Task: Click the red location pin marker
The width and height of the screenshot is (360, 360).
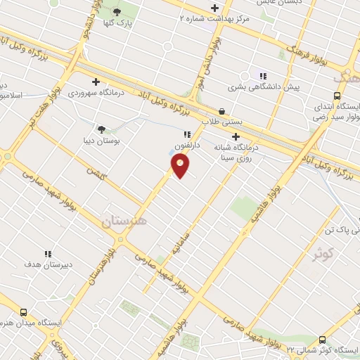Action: click(x=180, y=166)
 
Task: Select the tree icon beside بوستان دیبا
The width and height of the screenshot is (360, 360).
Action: click(x=101, y=129)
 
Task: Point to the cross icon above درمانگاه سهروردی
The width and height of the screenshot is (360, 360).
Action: click(x=96, y=82)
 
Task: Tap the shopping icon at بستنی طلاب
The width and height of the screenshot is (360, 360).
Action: click(x=222, y=111)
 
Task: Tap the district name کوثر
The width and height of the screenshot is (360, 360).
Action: click(x=324, y=254)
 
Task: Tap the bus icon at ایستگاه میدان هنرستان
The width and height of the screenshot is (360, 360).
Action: click(x=25, y=313)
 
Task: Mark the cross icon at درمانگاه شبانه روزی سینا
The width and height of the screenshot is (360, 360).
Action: click(x=236, y=136)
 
